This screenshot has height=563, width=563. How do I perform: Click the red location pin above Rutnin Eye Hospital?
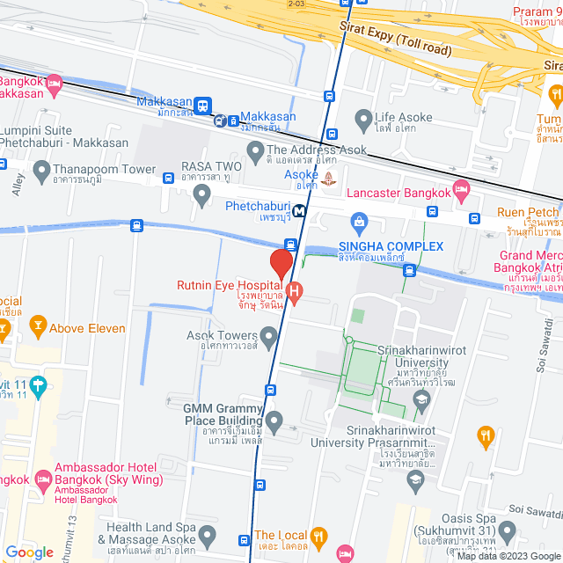click(x=281, y=264)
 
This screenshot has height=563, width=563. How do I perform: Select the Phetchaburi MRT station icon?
click(x=301, y=210)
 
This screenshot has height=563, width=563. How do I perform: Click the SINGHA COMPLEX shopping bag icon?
click(x=358, y=221)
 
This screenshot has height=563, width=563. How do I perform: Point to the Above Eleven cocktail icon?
click(x=37, y=328)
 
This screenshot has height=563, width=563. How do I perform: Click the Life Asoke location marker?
click(x=363, y=118)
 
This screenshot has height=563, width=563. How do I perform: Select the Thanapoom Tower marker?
click(x=40, y=168)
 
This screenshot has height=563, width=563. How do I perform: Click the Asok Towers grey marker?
click(x=268, y=336)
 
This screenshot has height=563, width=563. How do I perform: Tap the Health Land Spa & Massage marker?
click(x=207, y=533)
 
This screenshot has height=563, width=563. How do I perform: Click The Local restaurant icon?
click(x=319, y=535)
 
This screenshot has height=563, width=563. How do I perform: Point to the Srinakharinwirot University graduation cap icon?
click(x=421, y=401)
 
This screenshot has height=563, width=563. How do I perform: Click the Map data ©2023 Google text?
click(x=508, y=556)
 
